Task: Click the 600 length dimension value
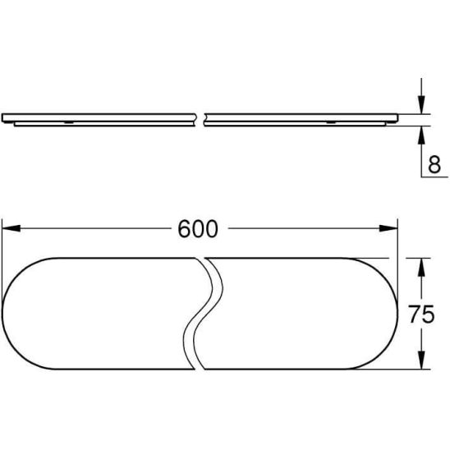198,229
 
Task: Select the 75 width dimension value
421,314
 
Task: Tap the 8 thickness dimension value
434,165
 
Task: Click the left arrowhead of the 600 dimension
11,228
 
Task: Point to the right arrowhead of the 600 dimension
388,228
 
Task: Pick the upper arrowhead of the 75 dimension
421,267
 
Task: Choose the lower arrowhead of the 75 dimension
421,360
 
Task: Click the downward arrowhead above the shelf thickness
421,105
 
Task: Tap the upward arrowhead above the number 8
421,135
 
